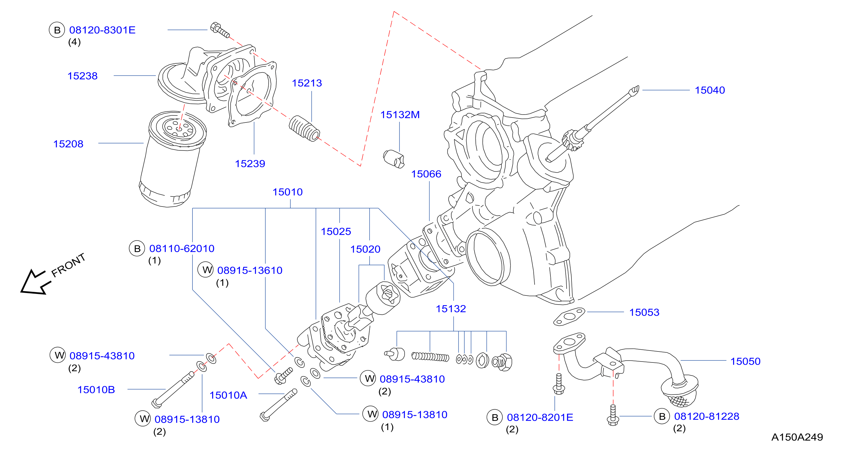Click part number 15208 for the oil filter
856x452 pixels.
coord(68,144)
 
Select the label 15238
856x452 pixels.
coord(82,76)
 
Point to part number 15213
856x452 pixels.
coord(307,83)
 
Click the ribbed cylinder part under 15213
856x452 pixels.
coord(304,129)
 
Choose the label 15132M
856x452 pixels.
coord(400,115)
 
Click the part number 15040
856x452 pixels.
coord(710,90)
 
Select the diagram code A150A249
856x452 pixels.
coord(797,437)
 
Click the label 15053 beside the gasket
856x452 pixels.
coord(644,312)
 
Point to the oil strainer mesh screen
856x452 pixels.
coord(679,401)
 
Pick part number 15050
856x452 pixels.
coord(745,362)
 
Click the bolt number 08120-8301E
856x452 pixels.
coord(102,30)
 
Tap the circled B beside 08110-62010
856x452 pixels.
coord(137,249)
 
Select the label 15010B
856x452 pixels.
coord(96,390)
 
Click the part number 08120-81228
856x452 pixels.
coord(707,416)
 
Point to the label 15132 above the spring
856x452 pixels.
coord(451,309)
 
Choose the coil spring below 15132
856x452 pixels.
coord(430,357)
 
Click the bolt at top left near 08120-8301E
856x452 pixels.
coord(220,30)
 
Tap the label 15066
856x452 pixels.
coord(426,174)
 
